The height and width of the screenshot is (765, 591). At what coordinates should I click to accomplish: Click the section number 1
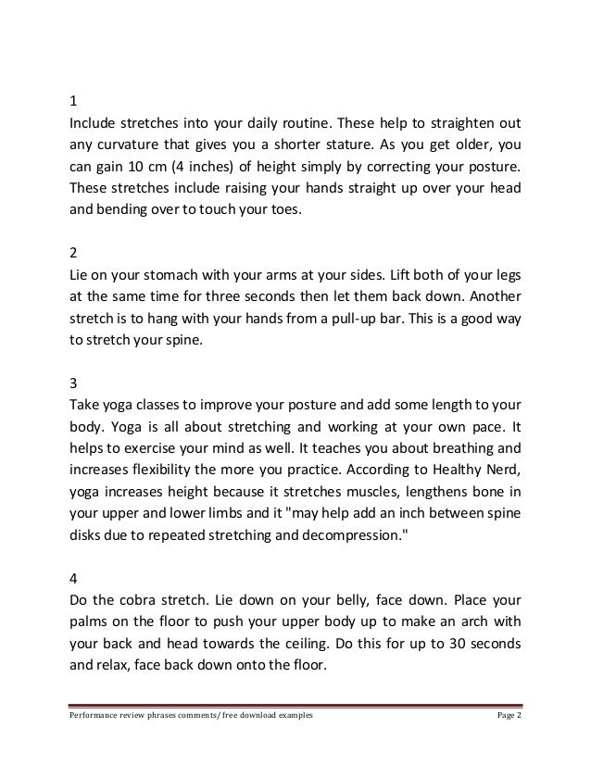click(x=75, y=101)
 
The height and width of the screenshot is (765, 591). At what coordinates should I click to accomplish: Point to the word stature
click(x=350, y=145)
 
